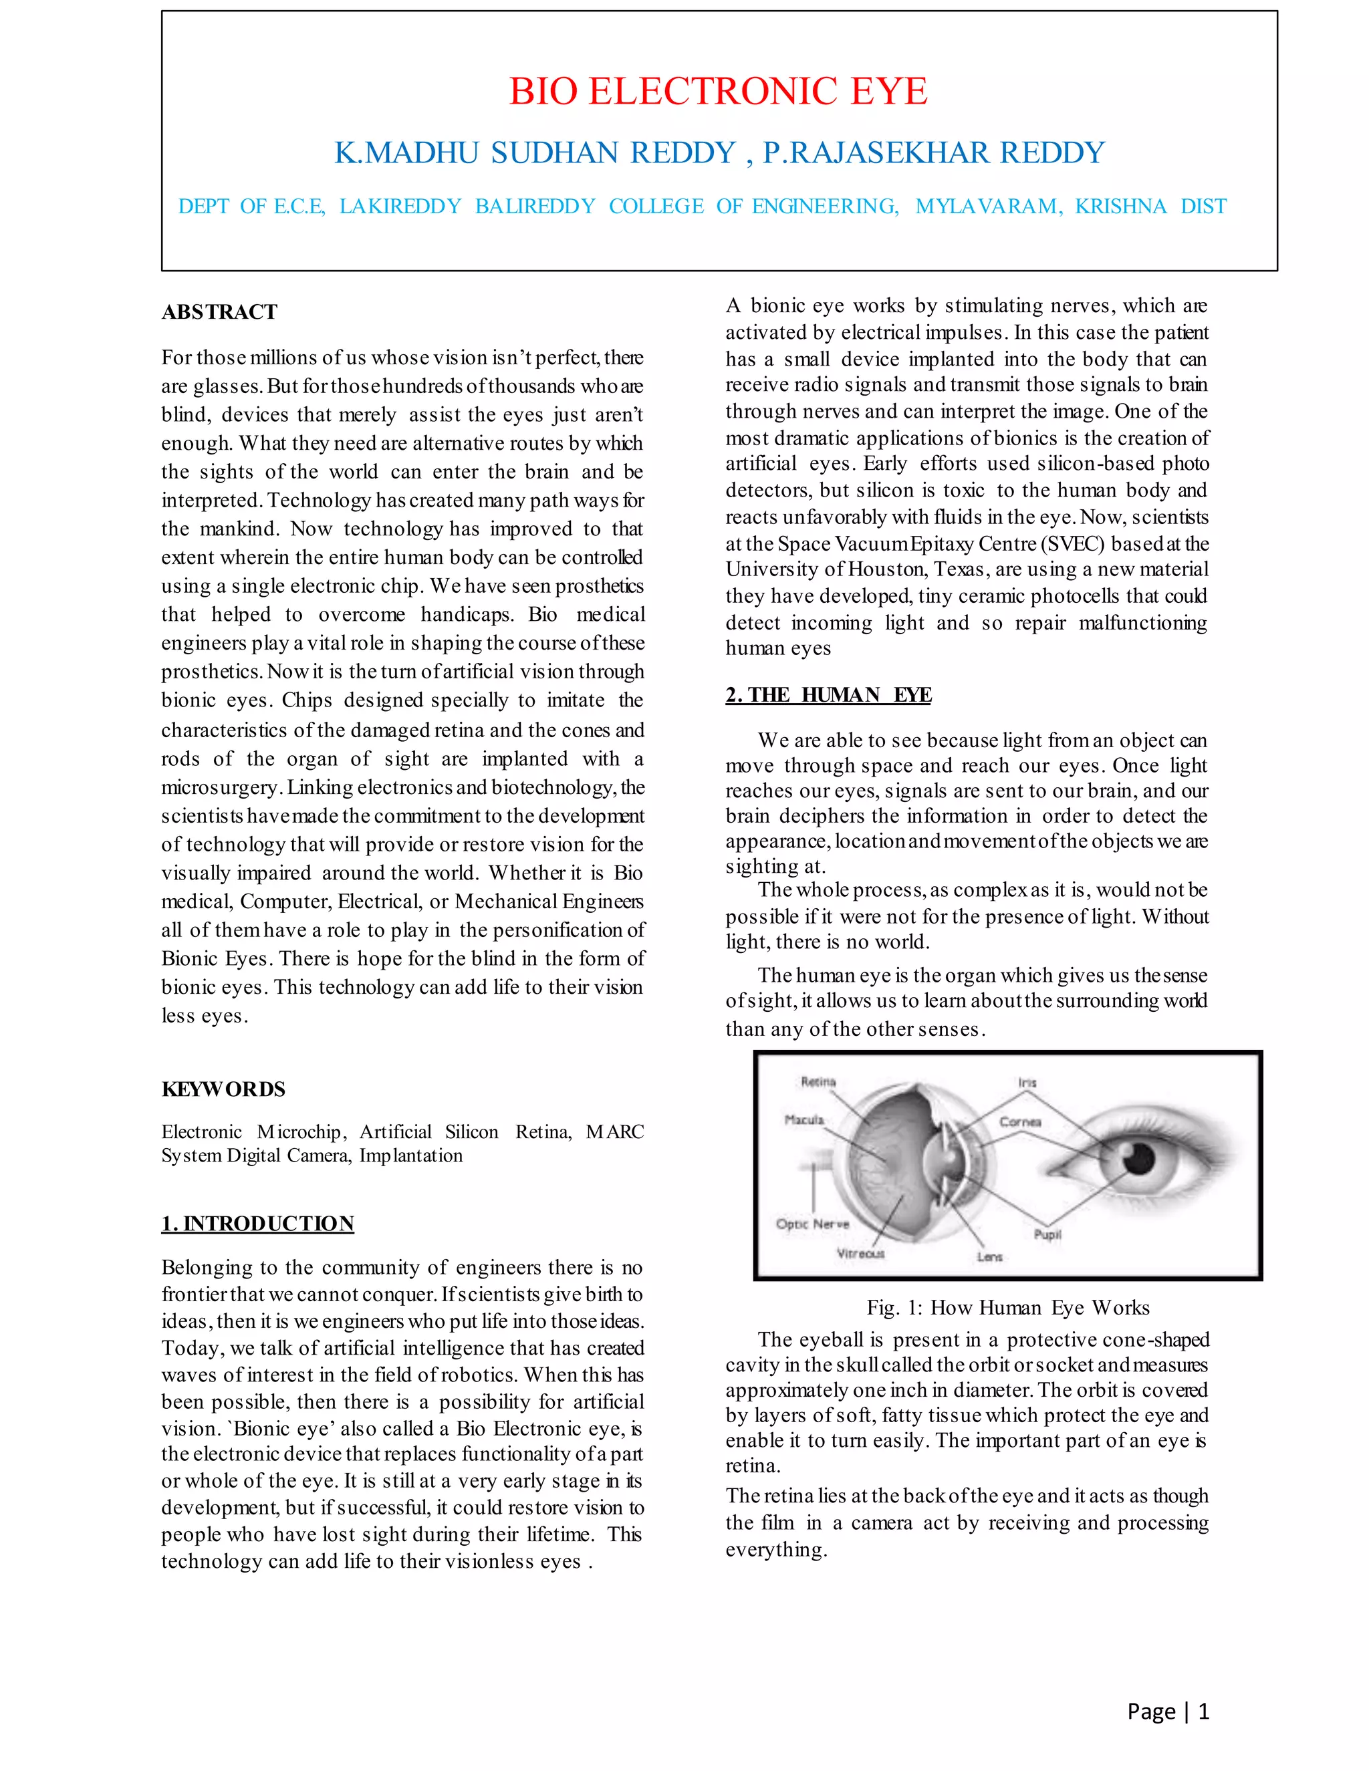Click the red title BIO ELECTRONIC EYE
tap(718, 91)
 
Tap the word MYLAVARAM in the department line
tap(988, 206)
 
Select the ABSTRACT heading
tap(219, 312)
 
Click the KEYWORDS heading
tap(223, 1089)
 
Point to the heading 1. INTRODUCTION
tap(257, 1224)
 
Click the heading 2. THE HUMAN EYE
tap(828, 695)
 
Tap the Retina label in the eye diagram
tap(818, 1082)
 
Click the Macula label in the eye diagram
tap(803, 1120)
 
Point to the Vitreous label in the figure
tap(860, 1254)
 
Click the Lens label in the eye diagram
tap(989, 1257)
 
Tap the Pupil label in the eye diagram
tap(1047, 1234)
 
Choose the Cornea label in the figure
tap(1019, 1122)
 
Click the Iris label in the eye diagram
tap(1027, 1083)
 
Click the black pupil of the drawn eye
tap(1138, 1159)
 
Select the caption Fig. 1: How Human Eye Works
tap(1007, 1307)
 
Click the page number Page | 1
tap(1168, 1711)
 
